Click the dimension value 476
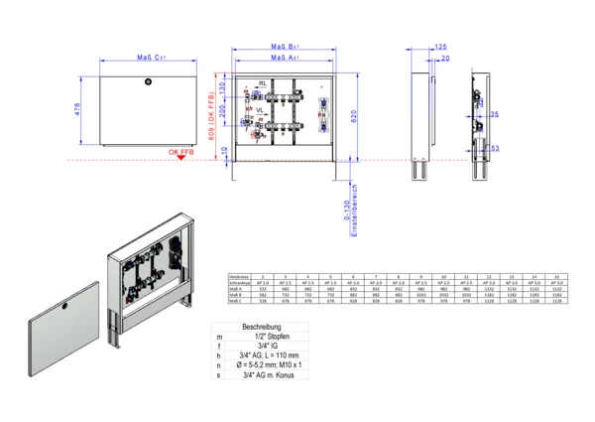78,109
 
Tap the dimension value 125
441,47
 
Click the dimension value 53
494,148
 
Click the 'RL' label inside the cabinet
263,82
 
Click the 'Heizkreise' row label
239,276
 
